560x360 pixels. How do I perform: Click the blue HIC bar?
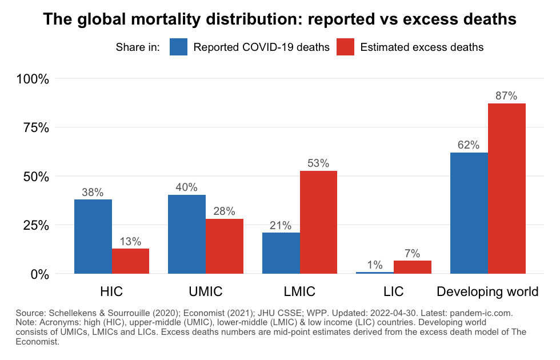pyautogui.click(x=93, y=237)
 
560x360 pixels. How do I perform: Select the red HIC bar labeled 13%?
pyautogui.click(x=130, y=261)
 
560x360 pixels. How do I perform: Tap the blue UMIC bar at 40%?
pyautogui.click(x=187, y=234)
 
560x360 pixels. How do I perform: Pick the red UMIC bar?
pyautogui.click(x=225, y=246)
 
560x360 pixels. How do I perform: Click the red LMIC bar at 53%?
pyautogui.click(x=318, y=222)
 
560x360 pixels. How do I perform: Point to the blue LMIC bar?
pyautogui.click(x=281, y=253)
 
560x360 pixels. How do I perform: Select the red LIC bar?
pyautogui.click(x=413, y=267)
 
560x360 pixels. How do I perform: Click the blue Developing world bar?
pyautogui.click(x=469, y=213)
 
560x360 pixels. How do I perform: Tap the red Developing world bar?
pyautogui.click(x=506, y=189)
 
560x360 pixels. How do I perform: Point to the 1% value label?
pyautogui.click(x=375, y=265)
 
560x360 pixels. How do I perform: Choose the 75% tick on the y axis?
pyautogui.click(x=34, y=127)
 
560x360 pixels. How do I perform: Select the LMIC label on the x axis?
pyautogui.click(x=299, y=291)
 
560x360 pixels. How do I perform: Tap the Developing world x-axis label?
pyautogui.click(x=487, y=291)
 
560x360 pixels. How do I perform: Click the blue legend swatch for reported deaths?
pyautogui.click(x=179, y=47)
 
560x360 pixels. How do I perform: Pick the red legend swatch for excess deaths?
pyautogui.click(x=346, y=47)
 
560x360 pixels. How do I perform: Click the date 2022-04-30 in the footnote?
pyautogui.click(x=403, y=313)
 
